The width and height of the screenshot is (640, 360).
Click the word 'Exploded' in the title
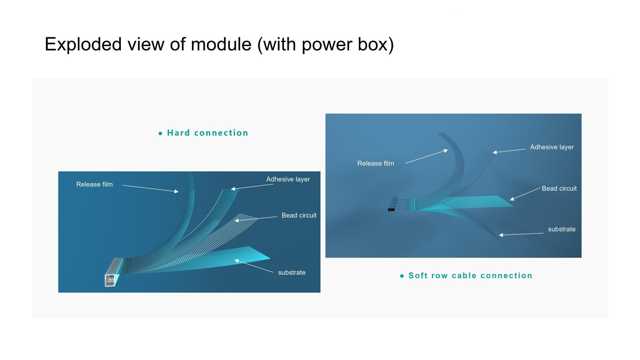click(x=83, y=44)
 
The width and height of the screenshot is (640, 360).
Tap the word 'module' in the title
click(x=221, y=44)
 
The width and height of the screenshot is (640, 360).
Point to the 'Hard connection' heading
click(x=208, y=133)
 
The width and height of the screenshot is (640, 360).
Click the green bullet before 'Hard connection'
click(x=160, y=134)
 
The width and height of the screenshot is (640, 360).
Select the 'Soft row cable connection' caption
click(x=470, y=276)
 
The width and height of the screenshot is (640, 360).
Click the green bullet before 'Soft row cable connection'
click(x=402, y=276)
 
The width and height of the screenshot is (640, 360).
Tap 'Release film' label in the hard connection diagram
click(x=94, y=184)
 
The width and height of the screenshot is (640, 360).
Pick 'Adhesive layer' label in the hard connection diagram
click(x=288, y=180)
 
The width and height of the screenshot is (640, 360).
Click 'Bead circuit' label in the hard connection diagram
click(x=299, y=216)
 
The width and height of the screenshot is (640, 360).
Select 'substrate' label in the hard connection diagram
click(x=292, y=272)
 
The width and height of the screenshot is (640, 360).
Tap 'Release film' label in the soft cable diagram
click(x=376, y=164)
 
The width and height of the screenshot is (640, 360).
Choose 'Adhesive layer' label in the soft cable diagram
click(x=552, y=147)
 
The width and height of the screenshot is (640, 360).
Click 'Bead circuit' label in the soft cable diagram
click(x=559, y=188)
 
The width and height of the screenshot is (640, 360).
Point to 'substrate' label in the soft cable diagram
click(x=562, y=229)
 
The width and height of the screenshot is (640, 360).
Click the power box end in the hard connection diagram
click(x=110, y=280)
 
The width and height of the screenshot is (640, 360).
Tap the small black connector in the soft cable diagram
click(x=391, y=210)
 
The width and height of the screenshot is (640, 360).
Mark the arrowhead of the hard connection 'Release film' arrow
click(x=176, y=192)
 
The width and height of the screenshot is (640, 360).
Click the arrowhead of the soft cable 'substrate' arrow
click(x=501, y=235)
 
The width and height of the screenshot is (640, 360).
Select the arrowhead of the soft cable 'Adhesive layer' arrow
click(x=495, y=152)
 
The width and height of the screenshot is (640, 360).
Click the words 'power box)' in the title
click(x=348, y=45)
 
